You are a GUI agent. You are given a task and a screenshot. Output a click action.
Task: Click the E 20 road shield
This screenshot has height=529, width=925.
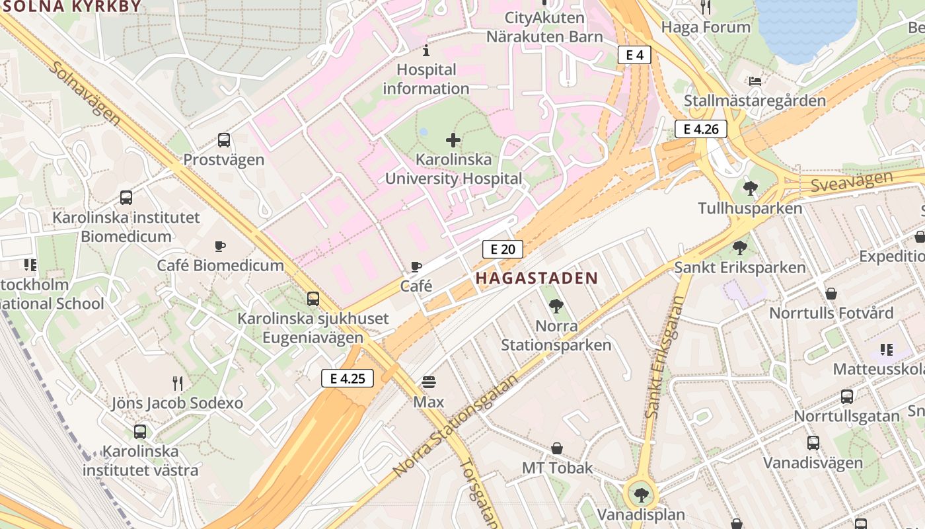click(x=503, y=249)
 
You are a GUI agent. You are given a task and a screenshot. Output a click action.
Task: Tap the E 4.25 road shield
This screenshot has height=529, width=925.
click(x=348, y=378)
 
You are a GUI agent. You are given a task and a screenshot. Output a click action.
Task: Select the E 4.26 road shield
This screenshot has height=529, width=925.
click(x=700, y=129)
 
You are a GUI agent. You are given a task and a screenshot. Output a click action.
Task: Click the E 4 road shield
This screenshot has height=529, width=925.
click(x=634, y=55)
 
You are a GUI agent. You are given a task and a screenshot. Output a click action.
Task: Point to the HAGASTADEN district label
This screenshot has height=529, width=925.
click(x=536, y=278)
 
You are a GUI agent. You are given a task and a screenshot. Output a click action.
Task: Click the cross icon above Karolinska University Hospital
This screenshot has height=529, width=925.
click(x=453, y=140)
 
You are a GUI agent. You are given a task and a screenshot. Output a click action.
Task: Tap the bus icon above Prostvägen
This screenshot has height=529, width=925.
click(x=224, y=140)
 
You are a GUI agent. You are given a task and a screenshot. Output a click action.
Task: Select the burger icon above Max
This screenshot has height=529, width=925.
click(x=429, y=382)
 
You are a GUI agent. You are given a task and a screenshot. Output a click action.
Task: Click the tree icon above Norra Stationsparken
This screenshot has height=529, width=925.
click(x=556, y=305)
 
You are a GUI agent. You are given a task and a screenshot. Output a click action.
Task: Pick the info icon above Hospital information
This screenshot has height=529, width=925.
click(x=426, y=50)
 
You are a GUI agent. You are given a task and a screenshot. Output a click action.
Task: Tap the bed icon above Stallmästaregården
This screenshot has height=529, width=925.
click(x=755, y=81)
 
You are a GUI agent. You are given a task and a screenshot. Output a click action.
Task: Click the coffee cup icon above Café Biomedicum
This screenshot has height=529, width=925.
click(x=220, y=246)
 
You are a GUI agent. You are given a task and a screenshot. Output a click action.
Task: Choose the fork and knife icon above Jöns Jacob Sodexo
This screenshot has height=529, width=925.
click(x=177, y=383)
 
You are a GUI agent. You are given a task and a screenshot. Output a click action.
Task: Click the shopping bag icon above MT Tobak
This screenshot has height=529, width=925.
click(x=558, y=448)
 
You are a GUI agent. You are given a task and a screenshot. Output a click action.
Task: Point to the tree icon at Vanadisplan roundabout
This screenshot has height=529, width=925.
click(x=640, y=494)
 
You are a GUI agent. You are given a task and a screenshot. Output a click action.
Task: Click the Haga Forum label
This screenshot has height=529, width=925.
click(x=706, y=27)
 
